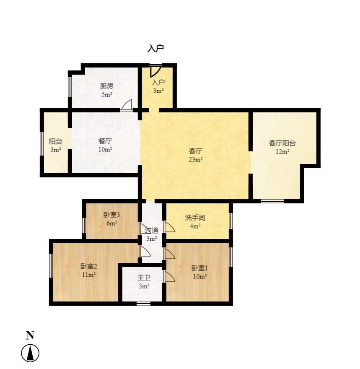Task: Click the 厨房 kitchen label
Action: [x=106, y=86]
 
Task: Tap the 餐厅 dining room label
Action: [x=105, y=141]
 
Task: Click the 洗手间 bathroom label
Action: [x=195, y=218]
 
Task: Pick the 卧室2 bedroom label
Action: [x=88, y=266]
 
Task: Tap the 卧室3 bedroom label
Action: [x=111, y=215]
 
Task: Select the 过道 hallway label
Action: [x=151, y=230]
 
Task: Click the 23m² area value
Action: [x=196, y=159]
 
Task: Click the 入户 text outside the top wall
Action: [x=155, y=49]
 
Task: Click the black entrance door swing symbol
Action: [x=155, y=70]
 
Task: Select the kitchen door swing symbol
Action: [x=127, y=105]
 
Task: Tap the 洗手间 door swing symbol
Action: [x=169, y=227]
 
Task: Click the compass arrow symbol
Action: [x=30, y=353]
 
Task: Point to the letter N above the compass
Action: [x=30, y=335]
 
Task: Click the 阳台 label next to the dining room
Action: [x=55, y=142]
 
